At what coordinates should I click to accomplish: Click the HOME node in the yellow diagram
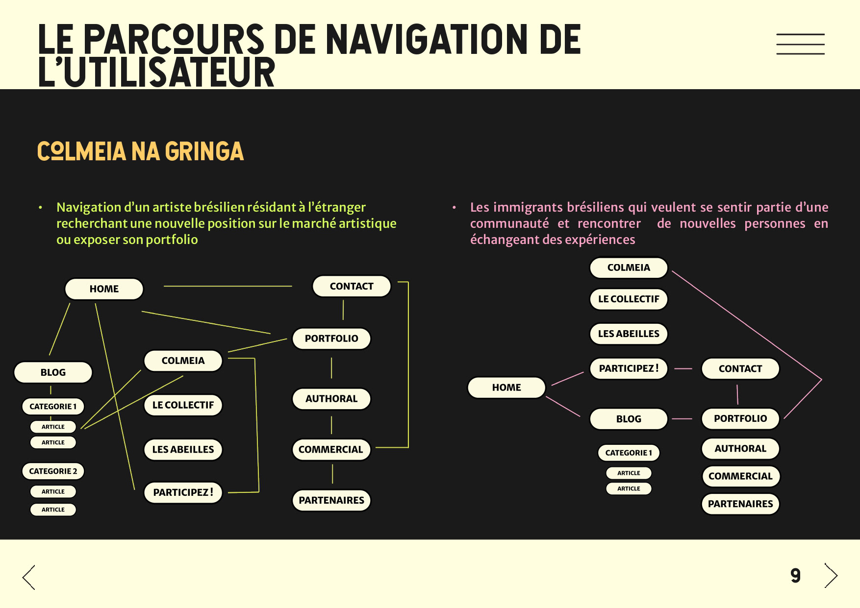(x=104, y=289)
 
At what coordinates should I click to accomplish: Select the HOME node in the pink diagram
(x=506, y=388)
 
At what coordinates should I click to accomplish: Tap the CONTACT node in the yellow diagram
(x=352, y=287)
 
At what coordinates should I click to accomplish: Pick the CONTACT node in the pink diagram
(x=740, y=369)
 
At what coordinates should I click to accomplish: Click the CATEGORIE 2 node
(x=53, y=471)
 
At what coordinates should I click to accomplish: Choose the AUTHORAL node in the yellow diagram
(x=331, y=399)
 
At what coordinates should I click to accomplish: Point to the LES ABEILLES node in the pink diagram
(x=629, y=334)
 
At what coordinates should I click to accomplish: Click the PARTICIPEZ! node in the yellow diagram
(x=183, y=493)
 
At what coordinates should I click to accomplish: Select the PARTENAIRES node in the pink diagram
(x=740, y=504)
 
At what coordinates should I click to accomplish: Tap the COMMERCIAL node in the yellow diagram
(x=331, y=450)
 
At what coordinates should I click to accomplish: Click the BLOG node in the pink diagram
(x=629, y=419)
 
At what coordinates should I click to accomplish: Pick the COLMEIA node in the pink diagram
(x=629, y=268)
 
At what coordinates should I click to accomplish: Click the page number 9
(x=795, y=576)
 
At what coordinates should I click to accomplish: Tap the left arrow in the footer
(x=29, y=577)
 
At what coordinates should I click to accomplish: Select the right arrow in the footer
(x=831, y=576)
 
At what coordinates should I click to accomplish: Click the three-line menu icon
(x=800, y=44)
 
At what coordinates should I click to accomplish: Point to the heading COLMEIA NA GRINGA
(x=141, y=152)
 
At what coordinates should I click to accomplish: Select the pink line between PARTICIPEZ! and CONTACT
(x=683, y=368)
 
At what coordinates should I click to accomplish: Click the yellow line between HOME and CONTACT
(x=228, y=286)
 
